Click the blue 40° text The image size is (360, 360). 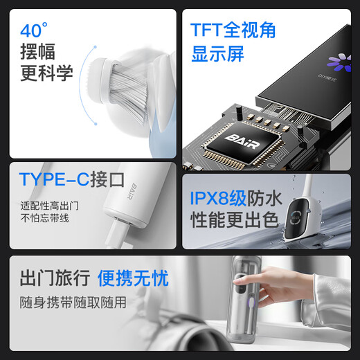[x=34, y=30]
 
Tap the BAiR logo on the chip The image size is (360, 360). [x=242, y=141]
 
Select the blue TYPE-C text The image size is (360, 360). [x=54, y=179]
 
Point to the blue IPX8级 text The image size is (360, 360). [x=218, y=198]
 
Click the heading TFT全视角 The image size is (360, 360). [x=233, y=30]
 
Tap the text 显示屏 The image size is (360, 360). [x=217, y=54]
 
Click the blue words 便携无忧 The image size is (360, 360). [x=133, y=278]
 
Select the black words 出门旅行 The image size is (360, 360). [x=55, y=278]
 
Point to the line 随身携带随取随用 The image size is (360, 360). [x=73, y=303]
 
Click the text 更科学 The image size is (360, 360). [x=46, y=73]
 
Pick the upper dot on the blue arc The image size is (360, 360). [x=95, y=47]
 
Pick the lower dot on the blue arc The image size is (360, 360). [x=96, y=124]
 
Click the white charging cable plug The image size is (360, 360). [x=116, y=233]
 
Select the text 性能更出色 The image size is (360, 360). [x=234, y=219]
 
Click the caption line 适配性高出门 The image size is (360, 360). [x=50, y=206]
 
